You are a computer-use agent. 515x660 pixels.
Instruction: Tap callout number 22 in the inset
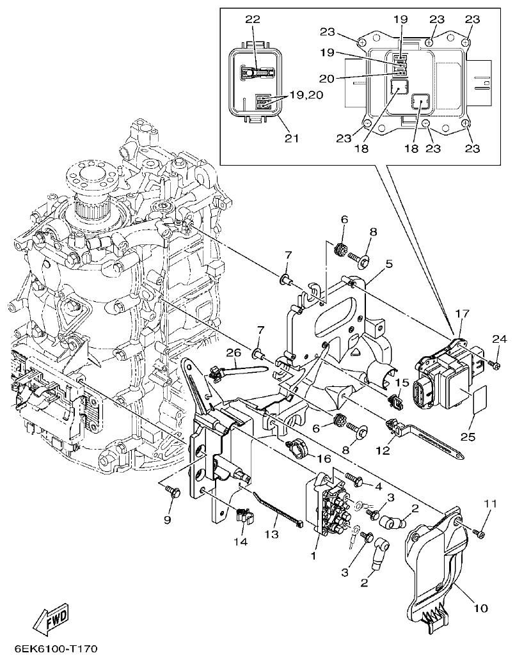[253, 20]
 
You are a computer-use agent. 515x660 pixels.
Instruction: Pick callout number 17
[461, 314]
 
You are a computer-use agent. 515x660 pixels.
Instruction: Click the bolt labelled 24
[495, 364]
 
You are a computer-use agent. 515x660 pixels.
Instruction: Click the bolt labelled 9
[172, 492]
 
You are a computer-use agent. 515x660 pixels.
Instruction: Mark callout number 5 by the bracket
[388, 263]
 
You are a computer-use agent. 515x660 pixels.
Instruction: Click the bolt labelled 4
[356, 476]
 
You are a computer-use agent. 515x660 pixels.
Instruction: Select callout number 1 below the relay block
[313, 556]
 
